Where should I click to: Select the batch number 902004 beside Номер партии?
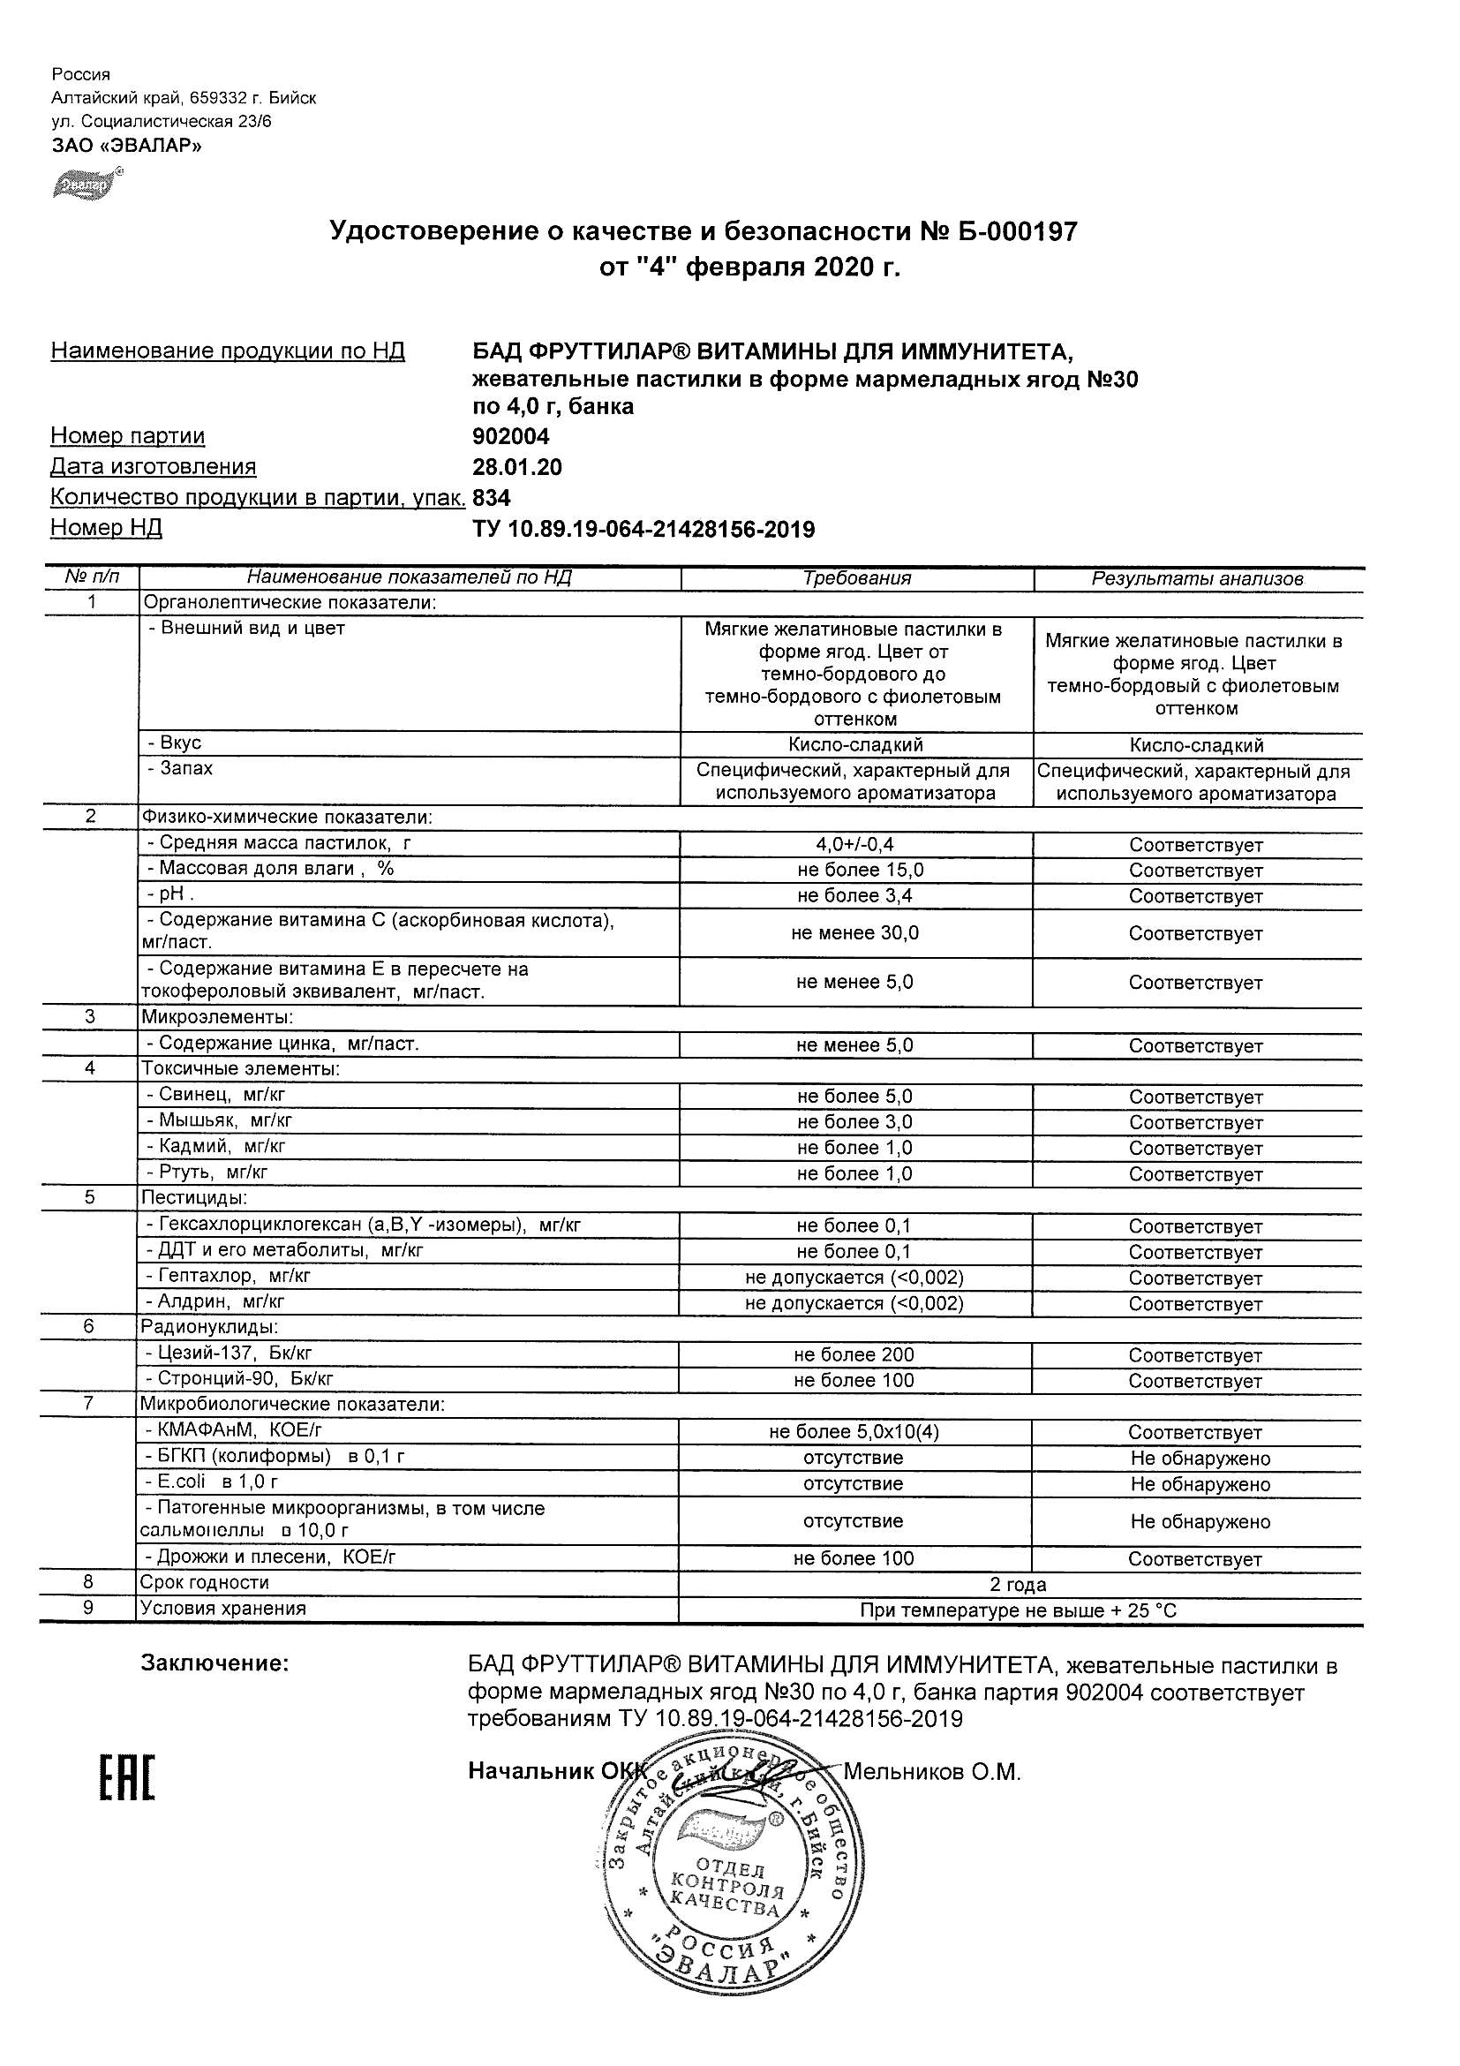tap(510, 436)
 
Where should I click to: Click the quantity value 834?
tap(491, 498)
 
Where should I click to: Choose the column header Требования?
tap(856, 578)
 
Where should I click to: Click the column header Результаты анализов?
tap(1196, 578)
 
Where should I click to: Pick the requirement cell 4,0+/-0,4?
tap(854, 844)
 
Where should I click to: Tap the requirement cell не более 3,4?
tap(854, 895)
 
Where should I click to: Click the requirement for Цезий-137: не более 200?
tap(854, 1354)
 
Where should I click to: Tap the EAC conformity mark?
tap(125, 1779)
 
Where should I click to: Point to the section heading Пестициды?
tap(193, 1199)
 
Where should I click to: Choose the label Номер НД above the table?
tap(106, 528)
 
